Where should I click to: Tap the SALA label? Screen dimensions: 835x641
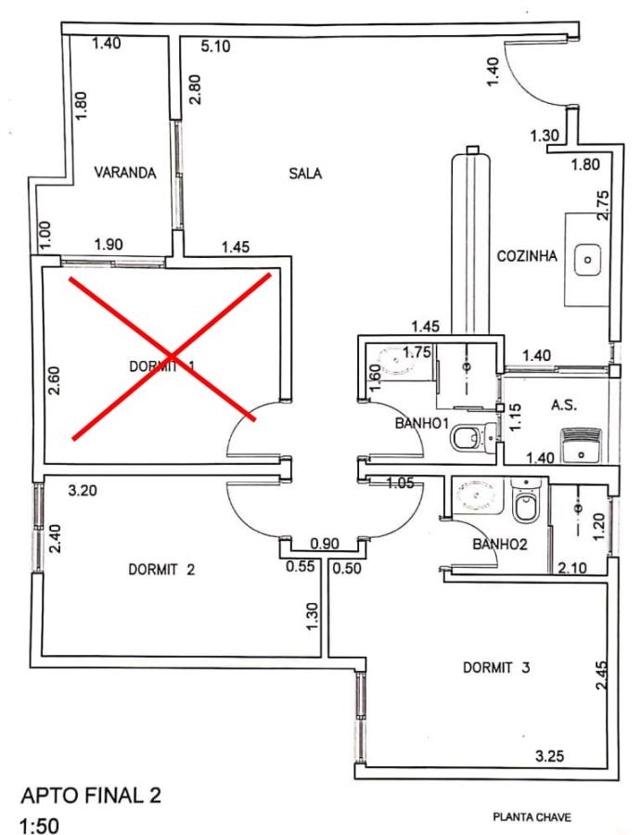coord(304,172)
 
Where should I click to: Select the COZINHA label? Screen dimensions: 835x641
coord(527,257)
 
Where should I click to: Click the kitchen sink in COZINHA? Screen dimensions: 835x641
coord(587,259)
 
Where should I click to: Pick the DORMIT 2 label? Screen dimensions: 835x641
coord(161,570)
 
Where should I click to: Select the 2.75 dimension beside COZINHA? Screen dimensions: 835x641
coord(604,204)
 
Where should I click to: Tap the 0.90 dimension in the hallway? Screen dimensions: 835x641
coord(324,543)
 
